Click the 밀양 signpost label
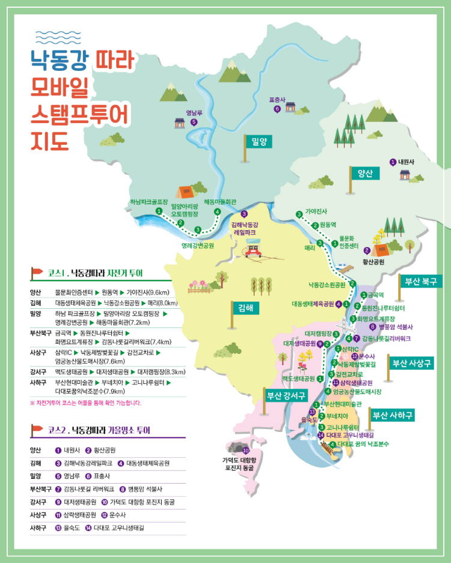pyautogui.click(x=259, y=142)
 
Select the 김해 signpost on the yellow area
pyautogui.click(x=245, y=308)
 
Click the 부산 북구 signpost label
pyautogui.click(x=420, y=281)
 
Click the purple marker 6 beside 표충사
pyautogui.click(x=277, y=109)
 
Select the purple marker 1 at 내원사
pyautogui.click(x=393, y=162)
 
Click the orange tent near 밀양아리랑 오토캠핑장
pyautogui.click(x=184, y=192)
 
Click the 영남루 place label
pyautogui.click(x=194, y=113)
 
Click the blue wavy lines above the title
pyautogui.click(x=54, y=37)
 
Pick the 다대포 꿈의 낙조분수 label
pyautogui.click(x=363, y=444)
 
